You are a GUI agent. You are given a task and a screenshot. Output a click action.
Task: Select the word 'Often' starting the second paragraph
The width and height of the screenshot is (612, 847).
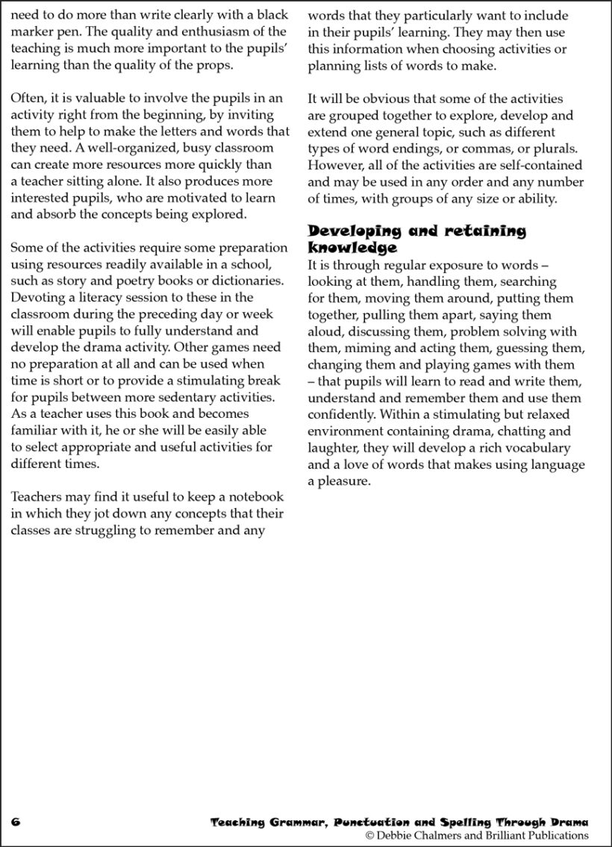(27, 98)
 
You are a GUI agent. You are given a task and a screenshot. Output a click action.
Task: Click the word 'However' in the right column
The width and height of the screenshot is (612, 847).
(334, 165)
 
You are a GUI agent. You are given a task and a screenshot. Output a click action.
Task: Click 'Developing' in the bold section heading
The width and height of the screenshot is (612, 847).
(354, 231)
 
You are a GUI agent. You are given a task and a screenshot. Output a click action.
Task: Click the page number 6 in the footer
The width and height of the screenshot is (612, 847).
(16, 820)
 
